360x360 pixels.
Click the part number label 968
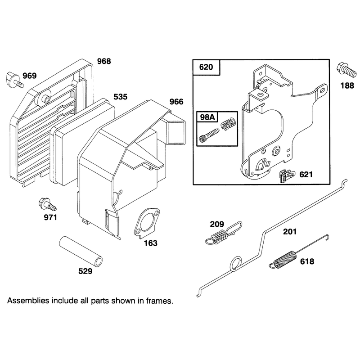tap(104, 61)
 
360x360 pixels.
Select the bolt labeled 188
tap(346, 71)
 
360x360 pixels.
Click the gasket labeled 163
tap(147, 223)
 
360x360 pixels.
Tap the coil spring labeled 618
tap(298, 252)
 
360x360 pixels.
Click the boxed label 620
tap(206, 67)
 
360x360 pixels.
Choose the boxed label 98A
tap(207, 117)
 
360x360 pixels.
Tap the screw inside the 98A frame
tap(209, 135)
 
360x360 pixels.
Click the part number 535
tap(121, 97)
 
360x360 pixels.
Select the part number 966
tap(176, 102)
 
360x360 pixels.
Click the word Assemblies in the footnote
tap(28, 301)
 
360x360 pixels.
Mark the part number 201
tap(290, 232)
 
